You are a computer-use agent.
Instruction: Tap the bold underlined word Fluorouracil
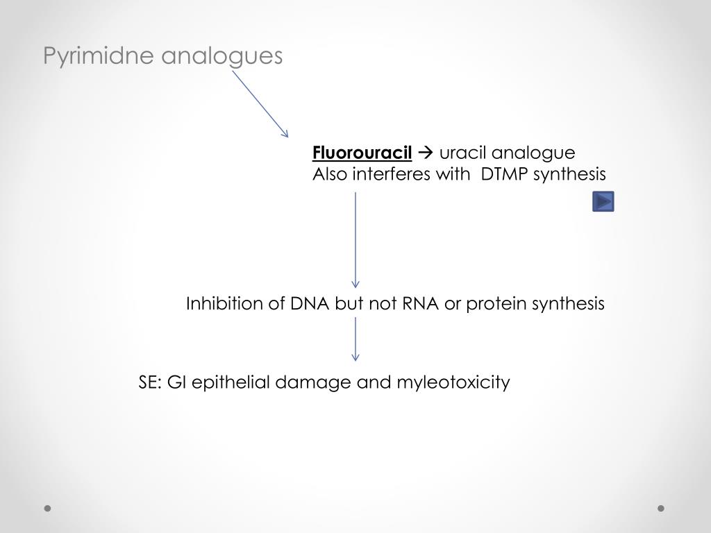click(x=362, y=153)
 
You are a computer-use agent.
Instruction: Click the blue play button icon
click(x=603, y=202)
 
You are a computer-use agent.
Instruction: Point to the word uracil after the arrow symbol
click(x=462, y=153)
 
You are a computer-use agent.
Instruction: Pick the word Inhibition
click(x=224, y=304)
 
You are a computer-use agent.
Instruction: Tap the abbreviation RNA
click(x=421, y=304)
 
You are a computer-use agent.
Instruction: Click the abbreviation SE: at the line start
click(x=150, y=382)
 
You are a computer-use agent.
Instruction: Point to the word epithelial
click(x=231, y=382)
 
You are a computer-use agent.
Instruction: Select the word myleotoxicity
click(x=453, y=382)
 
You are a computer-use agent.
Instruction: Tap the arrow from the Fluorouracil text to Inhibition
click(x=355, y=239)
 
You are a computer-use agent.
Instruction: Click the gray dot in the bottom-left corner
click(x=48, y=508)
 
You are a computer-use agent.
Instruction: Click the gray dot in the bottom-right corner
click(x=661, y=508)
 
